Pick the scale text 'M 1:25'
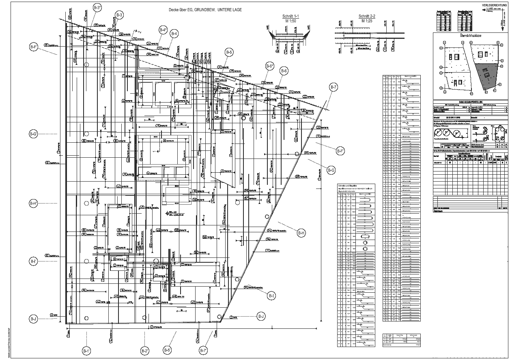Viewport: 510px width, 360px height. (367, 20)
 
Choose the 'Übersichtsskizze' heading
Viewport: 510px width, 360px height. (470, 36)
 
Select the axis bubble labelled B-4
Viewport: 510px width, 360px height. (174, 34)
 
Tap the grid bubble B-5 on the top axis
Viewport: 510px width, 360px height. (229, 52)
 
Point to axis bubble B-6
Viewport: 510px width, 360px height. (284, 71)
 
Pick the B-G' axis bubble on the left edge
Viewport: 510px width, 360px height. (33, 134)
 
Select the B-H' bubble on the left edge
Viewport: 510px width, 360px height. (33, 203)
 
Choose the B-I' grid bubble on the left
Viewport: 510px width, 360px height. (33, 261)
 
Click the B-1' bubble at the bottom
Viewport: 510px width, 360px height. (86, 351)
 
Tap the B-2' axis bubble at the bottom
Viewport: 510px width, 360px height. (145, 351)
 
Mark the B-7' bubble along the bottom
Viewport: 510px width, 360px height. (203, 351)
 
